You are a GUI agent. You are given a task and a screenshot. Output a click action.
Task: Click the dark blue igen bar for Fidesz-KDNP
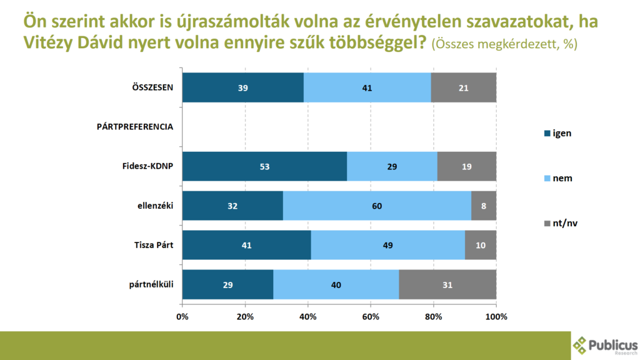(x=264, y=166)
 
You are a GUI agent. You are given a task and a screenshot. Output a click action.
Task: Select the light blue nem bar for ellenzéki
(x=377, y=206)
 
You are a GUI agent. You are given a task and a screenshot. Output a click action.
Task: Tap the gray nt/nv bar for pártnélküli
(x=447, y=284)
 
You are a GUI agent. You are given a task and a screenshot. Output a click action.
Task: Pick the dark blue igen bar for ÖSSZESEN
(x=243, y=87)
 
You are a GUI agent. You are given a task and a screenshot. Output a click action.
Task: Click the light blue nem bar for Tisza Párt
(x=388, y=245)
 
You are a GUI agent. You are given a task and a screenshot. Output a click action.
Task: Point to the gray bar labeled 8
(x=484, y=206)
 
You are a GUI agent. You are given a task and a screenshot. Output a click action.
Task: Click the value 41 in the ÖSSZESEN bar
(x=367, y=88)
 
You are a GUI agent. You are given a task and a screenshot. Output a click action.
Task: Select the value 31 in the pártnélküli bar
(x=447, y=284)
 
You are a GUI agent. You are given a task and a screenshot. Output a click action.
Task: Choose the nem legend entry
(x=558, y=178)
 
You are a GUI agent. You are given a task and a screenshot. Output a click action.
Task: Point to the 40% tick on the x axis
(x=308, y=316)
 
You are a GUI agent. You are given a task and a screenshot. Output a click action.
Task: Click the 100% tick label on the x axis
(x=496, y=316)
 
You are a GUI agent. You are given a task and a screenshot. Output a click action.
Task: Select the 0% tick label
(x=182, y=316)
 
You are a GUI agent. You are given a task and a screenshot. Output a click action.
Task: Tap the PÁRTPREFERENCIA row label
(x=134, y=127)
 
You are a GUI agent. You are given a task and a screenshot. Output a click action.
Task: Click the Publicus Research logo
(x=605, y=345)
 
